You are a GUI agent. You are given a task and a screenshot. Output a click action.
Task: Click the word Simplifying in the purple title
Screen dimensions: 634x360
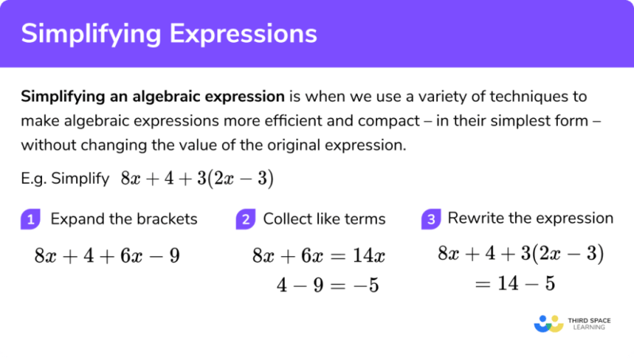(x=91, y=34)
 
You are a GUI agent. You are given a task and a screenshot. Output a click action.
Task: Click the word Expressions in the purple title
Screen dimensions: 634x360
(x=243, y=34)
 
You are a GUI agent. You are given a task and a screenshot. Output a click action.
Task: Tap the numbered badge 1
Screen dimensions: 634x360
(x=31, y=220)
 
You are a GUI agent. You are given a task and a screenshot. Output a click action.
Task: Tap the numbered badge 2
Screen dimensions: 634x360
(x=245, y=220)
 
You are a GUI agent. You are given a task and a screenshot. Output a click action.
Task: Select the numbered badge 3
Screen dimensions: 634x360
(x=431, y=220)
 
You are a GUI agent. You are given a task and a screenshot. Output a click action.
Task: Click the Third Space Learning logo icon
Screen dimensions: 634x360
(x=548, y=324)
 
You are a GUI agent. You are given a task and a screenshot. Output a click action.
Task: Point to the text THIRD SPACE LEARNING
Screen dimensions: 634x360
(x=589, y=324)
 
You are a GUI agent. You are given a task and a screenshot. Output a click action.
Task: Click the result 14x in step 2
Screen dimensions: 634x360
(x=369, y=256)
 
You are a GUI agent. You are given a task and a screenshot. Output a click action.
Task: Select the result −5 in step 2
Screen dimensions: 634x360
(x=366, y=285)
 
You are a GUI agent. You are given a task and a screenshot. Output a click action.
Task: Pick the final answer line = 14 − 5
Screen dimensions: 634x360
(x=515, y=283)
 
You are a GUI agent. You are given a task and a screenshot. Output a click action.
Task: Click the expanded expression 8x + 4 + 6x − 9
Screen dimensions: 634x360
(x=107, y=256)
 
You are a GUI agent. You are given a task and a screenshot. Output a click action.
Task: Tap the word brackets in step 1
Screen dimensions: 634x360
(x=167, y=219)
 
